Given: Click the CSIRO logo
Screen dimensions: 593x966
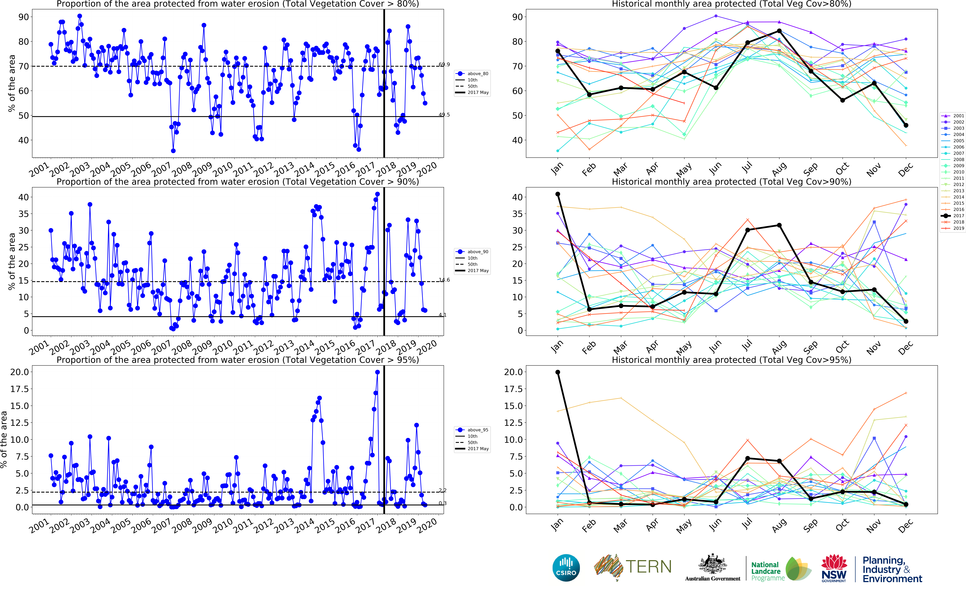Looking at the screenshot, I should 566,568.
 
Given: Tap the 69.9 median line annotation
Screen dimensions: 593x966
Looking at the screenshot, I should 444,64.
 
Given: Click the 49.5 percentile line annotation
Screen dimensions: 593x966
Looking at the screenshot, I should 444,115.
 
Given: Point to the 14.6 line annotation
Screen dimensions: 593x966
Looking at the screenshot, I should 444,280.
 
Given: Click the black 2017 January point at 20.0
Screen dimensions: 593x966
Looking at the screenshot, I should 558,372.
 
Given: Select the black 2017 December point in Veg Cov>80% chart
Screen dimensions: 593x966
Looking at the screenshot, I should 906,126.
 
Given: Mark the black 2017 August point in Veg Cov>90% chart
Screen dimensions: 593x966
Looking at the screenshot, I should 779,226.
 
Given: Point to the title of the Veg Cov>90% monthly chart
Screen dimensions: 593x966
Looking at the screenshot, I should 731,182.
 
